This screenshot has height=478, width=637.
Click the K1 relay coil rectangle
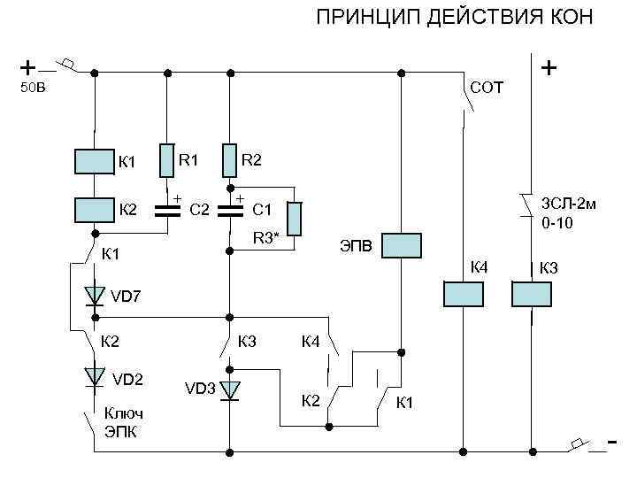click(x=94, y=160)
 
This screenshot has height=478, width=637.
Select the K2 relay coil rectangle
click(x=94, y=209)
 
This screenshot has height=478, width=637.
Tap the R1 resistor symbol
click(x=165, y=160)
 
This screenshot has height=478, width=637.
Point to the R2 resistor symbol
click(x=229, y=160)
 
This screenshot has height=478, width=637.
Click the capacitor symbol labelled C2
click(x=165, y=211)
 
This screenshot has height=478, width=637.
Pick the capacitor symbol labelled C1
click(x=229, y=211)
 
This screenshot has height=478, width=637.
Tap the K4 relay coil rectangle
click(x=463, y=294)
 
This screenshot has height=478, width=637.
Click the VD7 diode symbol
click(x=94, y=296)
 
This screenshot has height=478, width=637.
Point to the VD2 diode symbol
click(x=94, y=378)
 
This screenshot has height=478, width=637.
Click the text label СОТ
click(x=487, y=88)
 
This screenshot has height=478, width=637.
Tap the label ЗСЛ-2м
click(x=567, y=204)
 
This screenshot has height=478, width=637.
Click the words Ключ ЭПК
click(x=123, y=422)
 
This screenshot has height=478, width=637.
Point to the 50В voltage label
click(x=33, y=88)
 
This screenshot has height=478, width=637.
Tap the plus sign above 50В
click(x=28, y=66)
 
